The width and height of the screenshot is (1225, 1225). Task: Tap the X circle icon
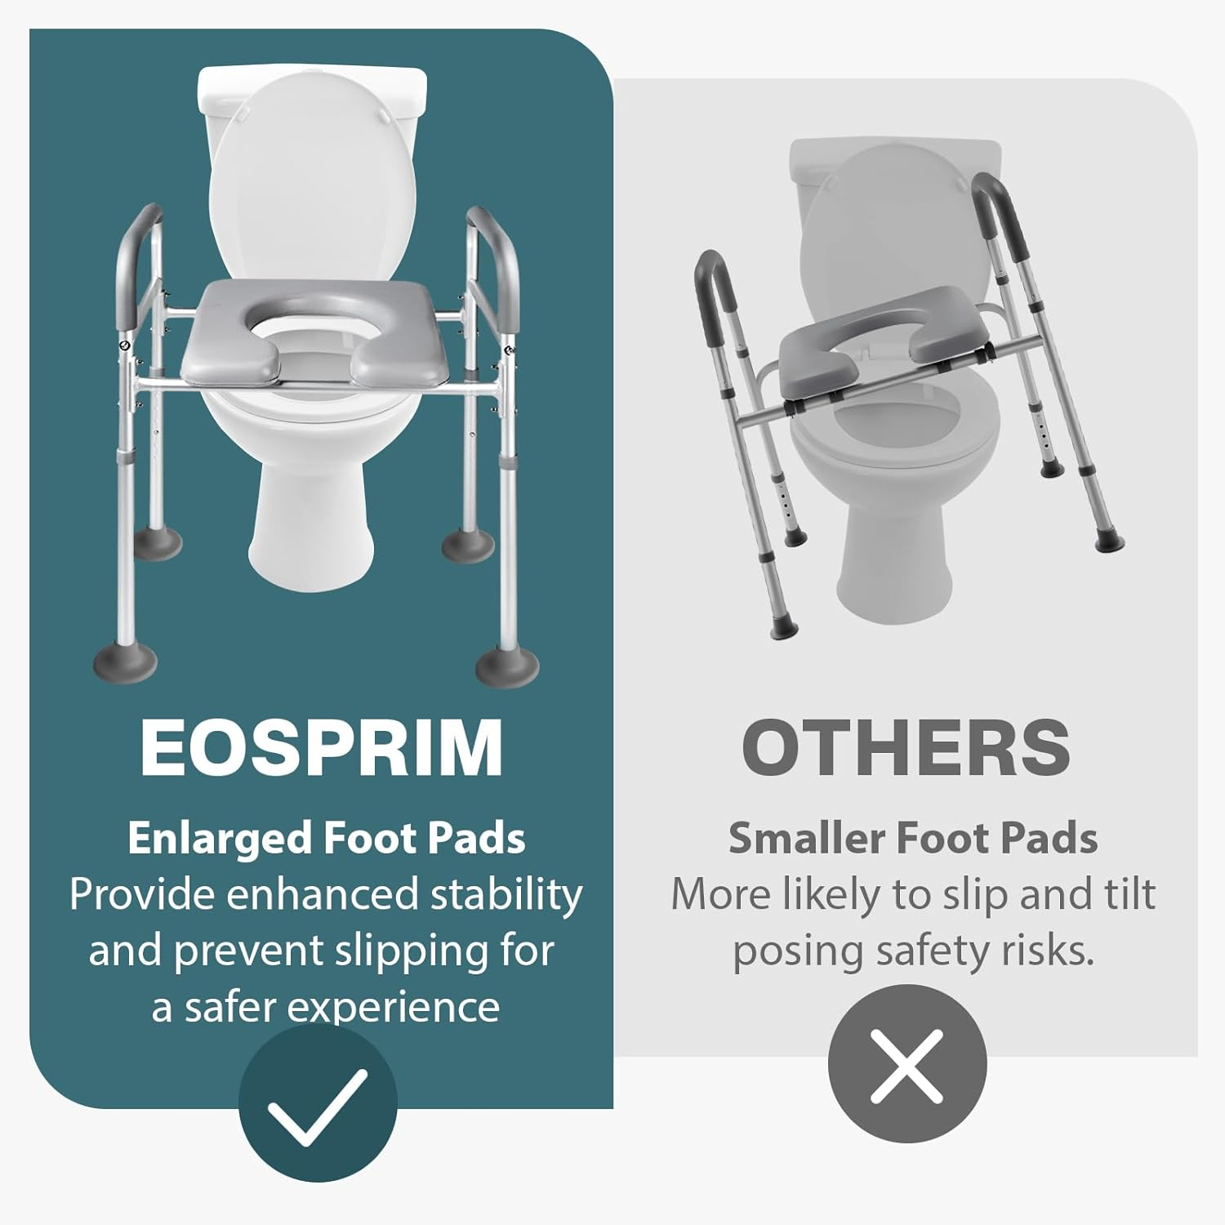click(x=906, y=1063)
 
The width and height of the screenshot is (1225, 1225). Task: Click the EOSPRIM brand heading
click(x=321, y=748)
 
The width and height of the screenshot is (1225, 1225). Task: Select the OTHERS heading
click(x=906, y=748)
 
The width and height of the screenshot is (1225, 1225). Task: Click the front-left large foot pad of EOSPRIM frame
click(x=124, y=659)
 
